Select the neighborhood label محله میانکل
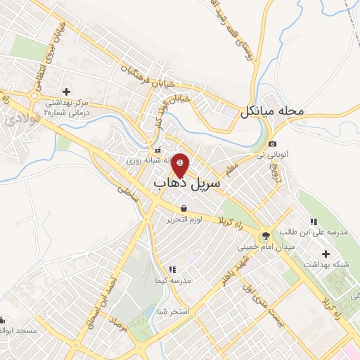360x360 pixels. tap(271, 111)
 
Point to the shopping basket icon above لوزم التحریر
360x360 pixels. tap(184, 208)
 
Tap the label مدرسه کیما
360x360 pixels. tap(185, 280)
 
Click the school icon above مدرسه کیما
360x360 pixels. tap(172, 269)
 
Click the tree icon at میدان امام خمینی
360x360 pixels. tap(265, 236)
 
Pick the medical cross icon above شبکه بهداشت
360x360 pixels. tap(324, 253)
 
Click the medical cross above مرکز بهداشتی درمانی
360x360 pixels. tap(67, 91)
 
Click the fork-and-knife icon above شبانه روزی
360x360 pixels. tap(157, 150)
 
